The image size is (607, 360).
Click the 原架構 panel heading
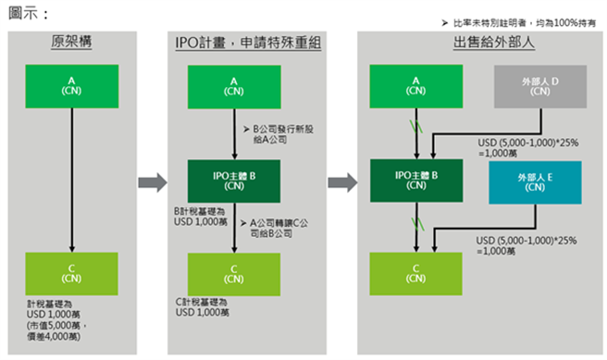tap(71, 43)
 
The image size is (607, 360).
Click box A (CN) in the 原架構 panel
tap(71, 86)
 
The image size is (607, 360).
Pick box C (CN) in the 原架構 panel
tap(71, 273)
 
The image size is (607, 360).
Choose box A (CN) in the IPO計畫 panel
tap(235, 86)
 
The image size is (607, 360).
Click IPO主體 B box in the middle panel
tap(235, 180)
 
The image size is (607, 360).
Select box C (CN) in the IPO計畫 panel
tap(235, 273)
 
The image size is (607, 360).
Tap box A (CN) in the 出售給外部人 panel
tap(415, 86)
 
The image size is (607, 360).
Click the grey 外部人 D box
tap(535, 86)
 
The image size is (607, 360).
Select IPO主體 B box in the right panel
tap(415, 180)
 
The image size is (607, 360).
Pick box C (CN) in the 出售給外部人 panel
tap(415, 273)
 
